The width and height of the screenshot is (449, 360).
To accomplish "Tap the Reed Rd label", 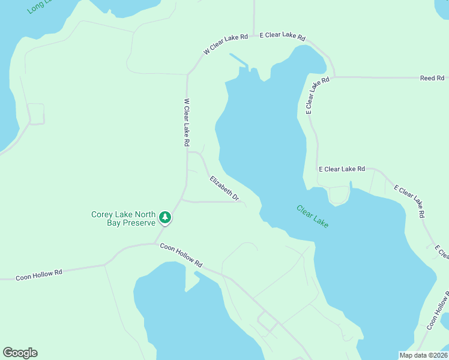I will click(x=432, y=78).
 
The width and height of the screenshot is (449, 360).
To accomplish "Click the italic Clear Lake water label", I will click(x=313, y=216).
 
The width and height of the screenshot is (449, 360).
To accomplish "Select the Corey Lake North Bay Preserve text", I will click(x=124, y=218).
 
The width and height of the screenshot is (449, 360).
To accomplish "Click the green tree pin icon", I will click(x=165, y=218).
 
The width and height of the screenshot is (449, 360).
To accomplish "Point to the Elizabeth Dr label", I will click(x=224, y=188).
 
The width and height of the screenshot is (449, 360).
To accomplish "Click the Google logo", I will click(x=20, y=353).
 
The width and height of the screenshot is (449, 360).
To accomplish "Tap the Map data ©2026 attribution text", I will click(x=423, y=355).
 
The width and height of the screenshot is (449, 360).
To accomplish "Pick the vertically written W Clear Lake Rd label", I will click(x=187, y=123).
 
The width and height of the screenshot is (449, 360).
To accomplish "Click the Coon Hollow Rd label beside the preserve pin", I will click(x=181, y=255).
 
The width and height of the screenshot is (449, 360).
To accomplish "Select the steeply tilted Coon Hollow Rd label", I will click(x=438, y=311).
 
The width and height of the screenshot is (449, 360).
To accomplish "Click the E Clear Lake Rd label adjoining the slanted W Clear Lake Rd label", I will click(x=282, y=36).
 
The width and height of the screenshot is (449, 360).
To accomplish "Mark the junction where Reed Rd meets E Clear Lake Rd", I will click(x=334, y=77).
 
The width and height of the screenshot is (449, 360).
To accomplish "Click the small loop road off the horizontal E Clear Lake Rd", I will click(x=339, y=195).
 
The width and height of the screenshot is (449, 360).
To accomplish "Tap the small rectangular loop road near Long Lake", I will click(x=36, y=114).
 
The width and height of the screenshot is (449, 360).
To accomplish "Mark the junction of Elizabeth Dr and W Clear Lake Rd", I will click(x=187, y=152).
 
